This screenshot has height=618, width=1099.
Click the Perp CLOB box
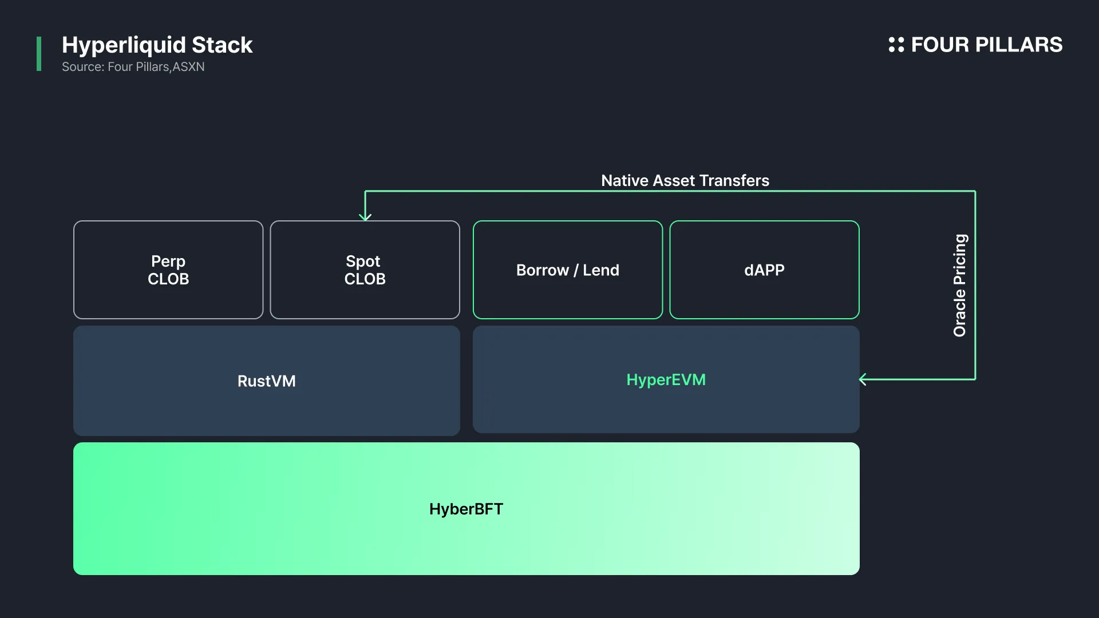pyautogui.click(x=168, y=270)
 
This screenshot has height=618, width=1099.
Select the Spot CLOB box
pyautogui.click(x=365, y=270)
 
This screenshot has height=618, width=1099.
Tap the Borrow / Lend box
pyautogui.click(x=567, y=270)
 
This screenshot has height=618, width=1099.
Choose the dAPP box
pyautogui.click(x=764, y=270)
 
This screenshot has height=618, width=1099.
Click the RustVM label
pyautogui.click(x=267, y=381)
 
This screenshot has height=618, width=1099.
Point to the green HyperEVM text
pyautogui.click(x=666, y=380)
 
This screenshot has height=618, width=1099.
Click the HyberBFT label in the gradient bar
pyautogui.click(x=466, y=509)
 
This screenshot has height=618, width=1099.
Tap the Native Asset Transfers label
pyautogui.click(x=685, y=181)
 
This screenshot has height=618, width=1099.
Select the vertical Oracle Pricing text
pyautogui.click(x=960, y=285)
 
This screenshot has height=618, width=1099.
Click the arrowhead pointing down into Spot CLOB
pyautogui.click(x=365, y=216)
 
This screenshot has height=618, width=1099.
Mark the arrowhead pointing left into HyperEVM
pyautogui.click(x=863, y=379)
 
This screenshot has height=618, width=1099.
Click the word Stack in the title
pyautogui.click(x=222, y=45)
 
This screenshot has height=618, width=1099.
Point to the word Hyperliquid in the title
pyautogui.click(x=124, y=45)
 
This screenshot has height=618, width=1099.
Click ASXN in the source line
pyautogui.click(x=188, y=67)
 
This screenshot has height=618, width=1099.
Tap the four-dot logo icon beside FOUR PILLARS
pyautogui.click(x=896, y=45)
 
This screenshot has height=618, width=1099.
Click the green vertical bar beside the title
pyautogui.click(x=39, y=54)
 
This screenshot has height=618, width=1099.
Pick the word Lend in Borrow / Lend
pyautogui.click(x=600, y=270)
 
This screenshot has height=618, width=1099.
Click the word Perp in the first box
pyautogui.click(x=168, y=261)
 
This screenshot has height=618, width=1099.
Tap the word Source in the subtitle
pyautogui.click(x=82, y=67)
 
